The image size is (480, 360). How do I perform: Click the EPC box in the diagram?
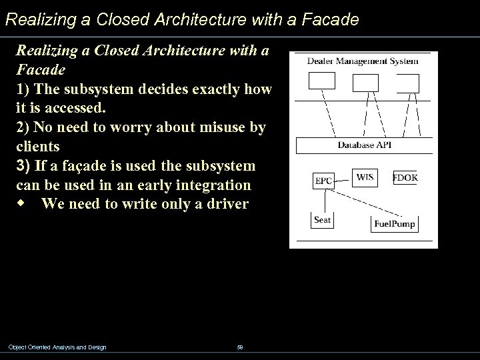coord(323,180)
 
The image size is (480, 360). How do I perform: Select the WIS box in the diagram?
coord(364,177)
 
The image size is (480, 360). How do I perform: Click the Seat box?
coord(323,219)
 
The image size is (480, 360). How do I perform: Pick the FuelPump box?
coord(394,223)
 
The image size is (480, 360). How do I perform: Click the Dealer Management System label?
coord(363,61)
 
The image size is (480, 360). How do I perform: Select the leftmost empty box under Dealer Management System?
coord(321,81)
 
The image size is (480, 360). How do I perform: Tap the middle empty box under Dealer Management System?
coord(365,82)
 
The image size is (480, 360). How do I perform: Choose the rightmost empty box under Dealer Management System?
coord(407,83)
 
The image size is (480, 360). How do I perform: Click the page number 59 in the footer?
coord(239,347)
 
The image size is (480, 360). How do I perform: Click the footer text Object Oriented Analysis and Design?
coord(57,347)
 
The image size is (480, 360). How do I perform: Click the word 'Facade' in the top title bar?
coord(330,19)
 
